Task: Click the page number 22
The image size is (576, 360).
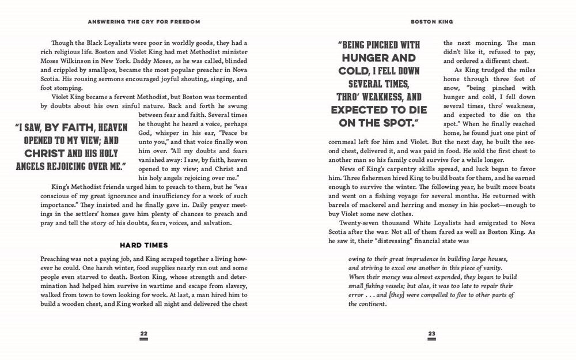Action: pyautogui.click(x=143, y=334)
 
